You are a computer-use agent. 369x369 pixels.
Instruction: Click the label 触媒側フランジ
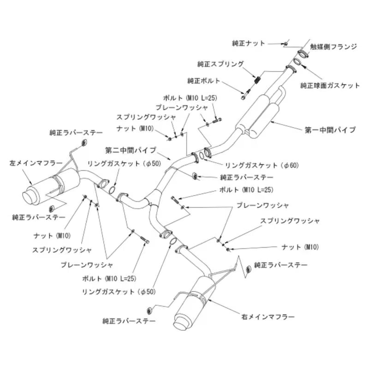333,47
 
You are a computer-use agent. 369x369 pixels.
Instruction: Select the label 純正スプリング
220,64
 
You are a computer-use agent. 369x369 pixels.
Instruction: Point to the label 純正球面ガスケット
330,85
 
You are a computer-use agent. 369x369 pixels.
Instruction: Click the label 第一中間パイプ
330,130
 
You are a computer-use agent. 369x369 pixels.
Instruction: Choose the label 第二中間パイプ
131,150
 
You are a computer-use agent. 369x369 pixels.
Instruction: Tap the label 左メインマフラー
36,163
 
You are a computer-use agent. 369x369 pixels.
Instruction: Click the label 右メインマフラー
268,317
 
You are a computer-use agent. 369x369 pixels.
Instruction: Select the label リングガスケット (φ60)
262,166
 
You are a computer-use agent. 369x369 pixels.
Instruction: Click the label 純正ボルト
203,81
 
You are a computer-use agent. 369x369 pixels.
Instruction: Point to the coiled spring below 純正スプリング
258,79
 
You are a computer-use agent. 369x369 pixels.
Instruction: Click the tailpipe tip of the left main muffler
29,196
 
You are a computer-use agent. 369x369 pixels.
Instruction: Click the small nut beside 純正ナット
286,44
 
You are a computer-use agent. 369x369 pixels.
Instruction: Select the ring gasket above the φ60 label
202,155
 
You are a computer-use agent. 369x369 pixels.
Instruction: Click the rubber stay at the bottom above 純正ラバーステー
149,310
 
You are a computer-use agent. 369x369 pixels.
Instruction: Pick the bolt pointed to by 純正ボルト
245,94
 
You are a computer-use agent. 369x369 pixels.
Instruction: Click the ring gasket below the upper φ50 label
113,190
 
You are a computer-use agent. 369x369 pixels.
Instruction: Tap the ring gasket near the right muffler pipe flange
173,241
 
